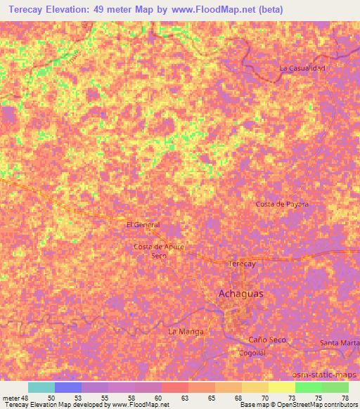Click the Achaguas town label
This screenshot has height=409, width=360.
241,294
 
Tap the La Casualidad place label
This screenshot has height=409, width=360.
302,68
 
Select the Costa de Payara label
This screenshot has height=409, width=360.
282,204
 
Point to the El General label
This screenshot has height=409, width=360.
143,225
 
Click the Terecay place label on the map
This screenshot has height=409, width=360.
242,264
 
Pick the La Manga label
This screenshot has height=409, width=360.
186,330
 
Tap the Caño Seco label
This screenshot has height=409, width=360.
267,340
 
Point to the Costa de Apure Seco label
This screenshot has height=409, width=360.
159,251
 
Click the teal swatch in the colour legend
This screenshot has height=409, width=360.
41,387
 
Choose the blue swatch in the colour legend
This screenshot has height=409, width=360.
68,387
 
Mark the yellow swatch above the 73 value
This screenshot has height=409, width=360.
282,387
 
